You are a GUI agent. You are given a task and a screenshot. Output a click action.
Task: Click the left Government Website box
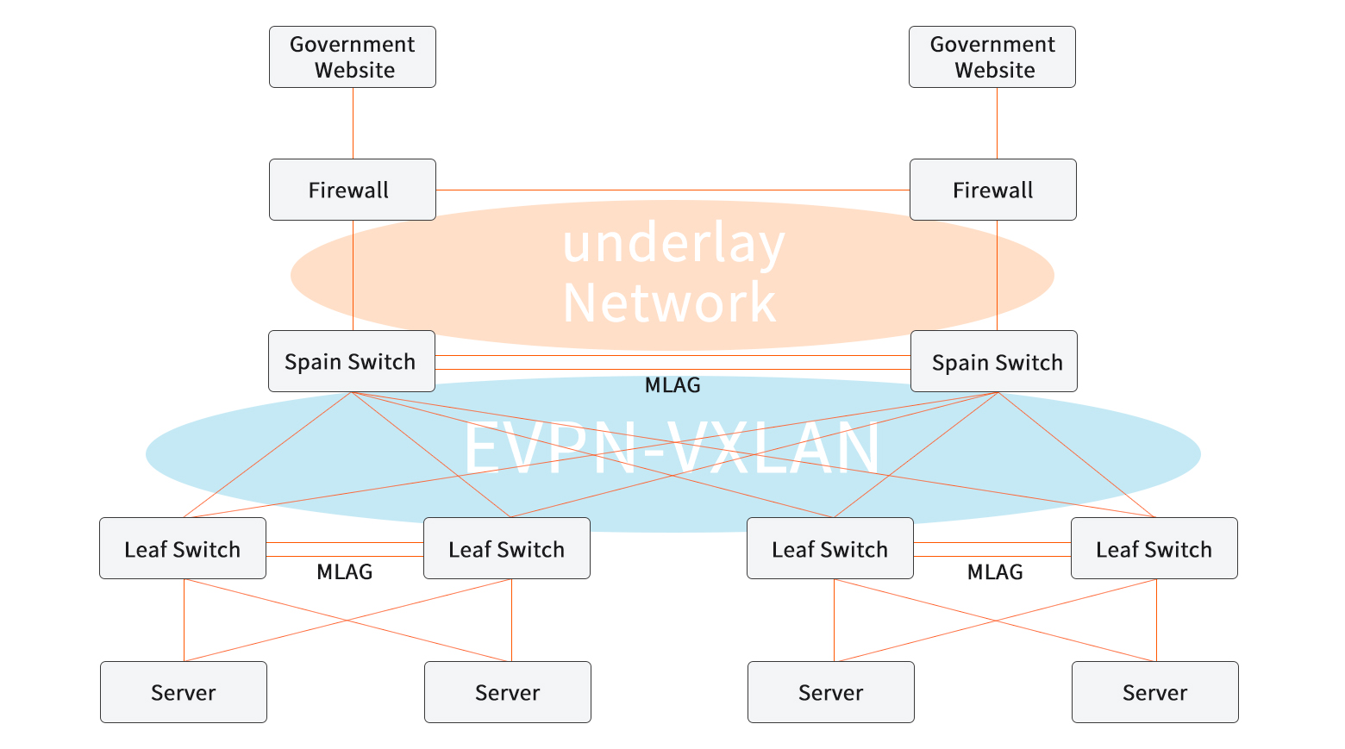pyautogui.click(x=352, y=57)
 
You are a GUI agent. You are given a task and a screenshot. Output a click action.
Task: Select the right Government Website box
pyautogui.click(x=992, y=57)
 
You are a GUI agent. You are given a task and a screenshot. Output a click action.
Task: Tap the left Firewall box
pyautogui.click(x=352, y=190)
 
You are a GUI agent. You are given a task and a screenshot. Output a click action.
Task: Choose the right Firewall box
pyautogui.click(x=992, y=190)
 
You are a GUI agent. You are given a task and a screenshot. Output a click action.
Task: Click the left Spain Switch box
pyautogui.click(x=351, y=361)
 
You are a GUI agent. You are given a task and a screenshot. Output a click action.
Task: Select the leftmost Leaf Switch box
pyautogui.click(x=183, y=548)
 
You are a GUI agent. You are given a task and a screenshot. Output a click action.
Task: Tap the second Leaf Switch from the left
pyautogui.click(x=507, y=548)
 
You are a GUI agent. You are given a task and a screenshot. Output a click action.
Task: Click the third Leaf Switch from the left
pyautogui.click(x=829, y=548)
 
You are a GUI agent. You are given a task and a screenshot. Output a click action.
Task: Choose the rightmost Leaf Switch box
pyautogui.click(x=1154, y=548)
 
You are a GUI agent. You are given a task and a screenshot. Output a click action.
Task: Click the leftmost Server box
pyautogui.click(x=184, y=692)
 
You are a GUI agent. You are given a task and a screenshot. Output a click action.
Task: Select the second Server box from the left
pyautogui.click(x=508, y=692)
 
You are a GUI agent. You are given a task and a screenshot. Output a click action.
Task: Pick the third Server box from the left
pyautogui.click(x=830, y=692)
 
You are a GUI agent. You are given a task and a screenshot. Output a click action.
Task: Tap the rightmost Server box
pyautogui.click(x=1154, y=692)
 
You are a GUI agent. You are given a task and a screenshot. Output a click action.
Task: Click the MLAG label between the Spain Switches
pyautogui.click(x=672, y=385)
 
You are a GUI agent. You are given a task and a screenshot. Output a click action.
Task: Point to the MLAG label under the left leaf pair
pyautogui.click(x=344, y=571)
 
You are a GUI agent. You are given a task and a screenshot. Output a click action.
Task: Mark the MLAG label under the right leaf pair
pyautogui.click(x=994, y=571)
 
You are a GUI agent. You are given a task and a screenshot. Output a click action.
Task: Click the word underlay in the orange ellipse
pyautogui.click(x=673, y=243)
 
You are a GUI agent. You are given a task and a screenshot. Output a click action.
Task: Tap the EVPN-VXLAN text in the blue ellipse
pyautogui.click(x=672, y=448)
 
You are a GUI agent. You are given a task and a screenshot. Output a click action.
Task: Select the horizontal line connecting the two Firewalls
pyautogui.click(x=672, y=190)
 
